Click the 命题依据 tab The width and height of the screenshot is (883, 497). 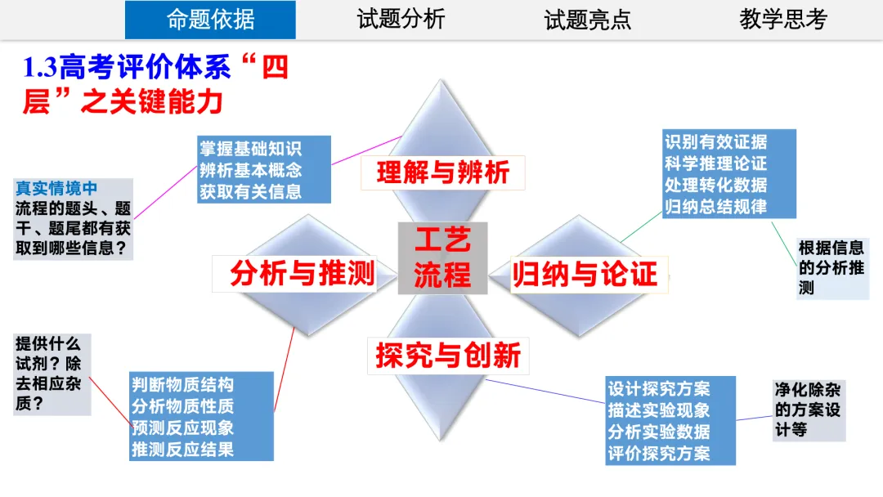click(210, 20)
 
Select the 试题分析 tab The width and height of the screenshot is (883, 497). click(401, 20)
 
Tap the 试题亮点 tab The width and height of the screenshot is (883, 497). click(588, 20)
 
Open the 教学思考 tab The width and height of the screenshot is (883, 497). click(783, 20)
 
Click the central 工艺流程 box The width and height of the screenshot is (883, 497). click(442, 257)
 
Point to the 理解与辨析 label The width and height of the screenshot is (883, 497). click(442, 172)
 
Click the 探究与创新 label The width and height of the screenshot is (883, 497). click(447, 356)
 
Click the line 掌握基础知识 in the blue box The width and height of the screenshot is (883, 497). click(250, 149)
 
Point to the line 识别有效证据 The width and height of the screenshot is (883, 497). click(715, 141)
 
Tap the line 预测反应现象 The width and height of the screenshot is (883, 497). click(183, 427)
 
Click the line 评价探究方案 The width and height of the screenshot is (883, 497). click(658, 453)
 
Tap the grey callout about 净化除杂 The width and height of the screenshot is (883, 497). click(808, 409)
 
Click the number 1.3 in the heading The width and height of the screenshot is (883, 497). click(40, 68)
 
